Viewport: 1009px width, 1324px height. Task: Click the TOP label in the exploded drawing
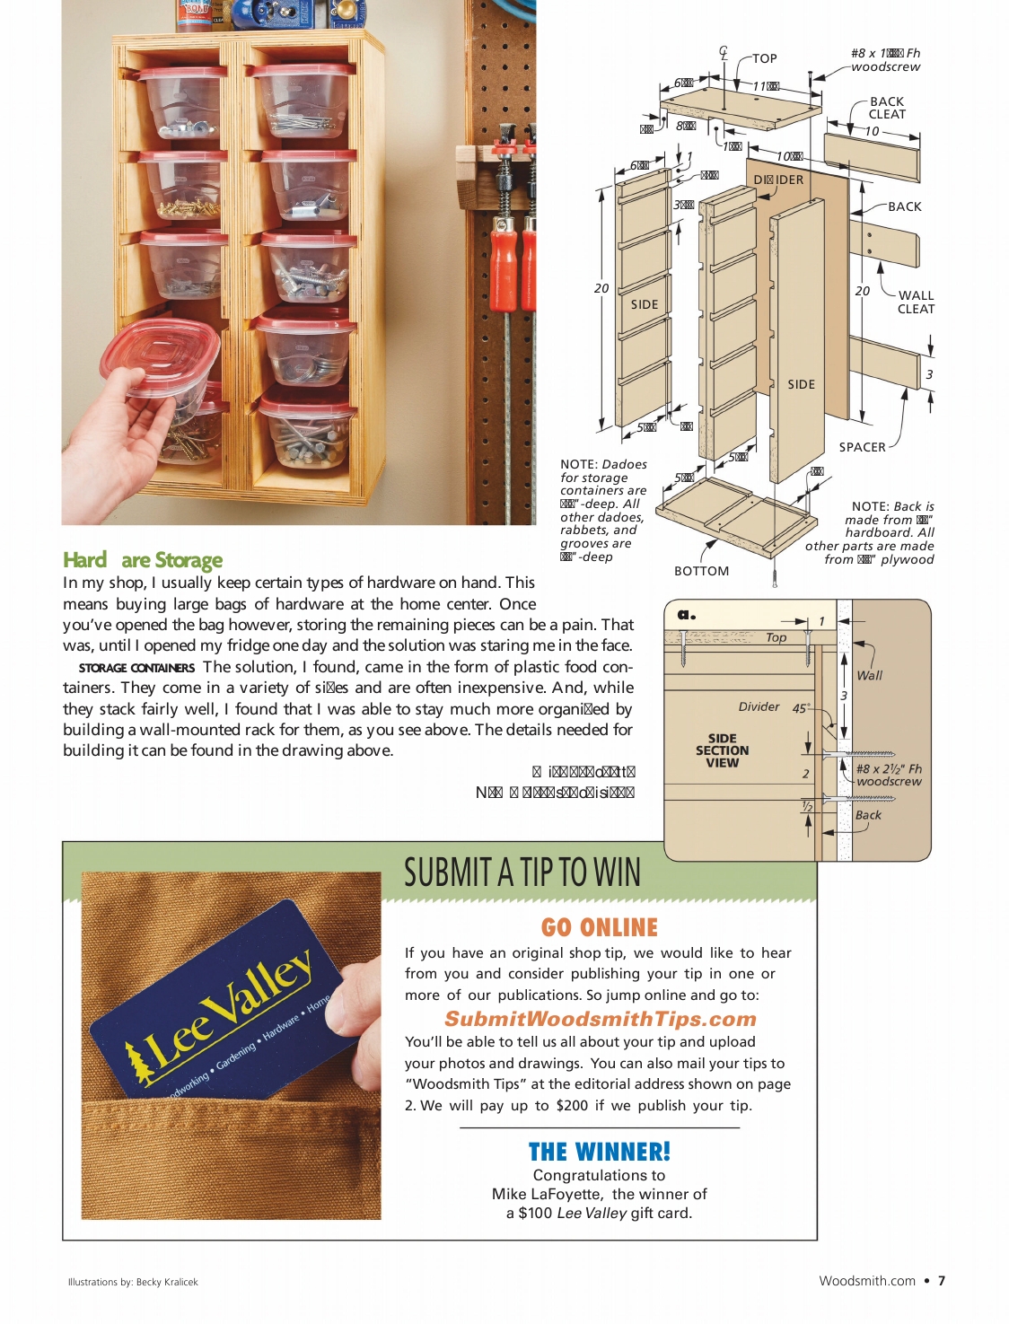point(764,58)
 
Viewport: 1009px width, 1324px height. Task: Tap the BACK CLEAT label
point(887,108)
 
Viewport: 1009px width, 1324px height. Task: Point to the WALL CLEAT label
point(916,302)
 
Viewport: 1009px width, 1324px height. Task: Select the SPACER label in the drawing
point(862,447)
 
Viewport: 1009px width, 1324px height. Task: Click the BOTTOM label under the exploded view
point(701,571)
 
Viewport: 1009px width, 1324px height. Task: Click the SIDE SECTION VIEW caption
point(722,750)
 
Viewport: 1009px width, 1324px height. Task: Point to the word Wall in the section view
point(869,675)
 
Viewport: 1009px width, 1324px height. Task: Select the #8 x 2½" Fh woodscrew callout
point(889,775)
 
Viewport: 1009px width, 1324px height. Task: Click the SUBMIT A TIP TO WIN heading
point(522,872)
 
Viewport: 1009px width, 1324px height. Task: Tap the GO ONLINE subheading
point(599,927)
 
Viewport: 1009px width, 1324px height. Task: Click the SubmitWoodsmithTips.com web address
point(600,1019)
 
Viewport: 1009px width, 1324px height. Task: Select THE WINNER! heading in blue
point(599,1152)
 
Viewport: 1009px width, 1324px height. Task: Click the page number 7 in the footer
point(941,1281)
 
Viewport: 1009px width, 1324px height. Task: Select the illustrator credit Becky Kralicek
point(167,1282)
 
